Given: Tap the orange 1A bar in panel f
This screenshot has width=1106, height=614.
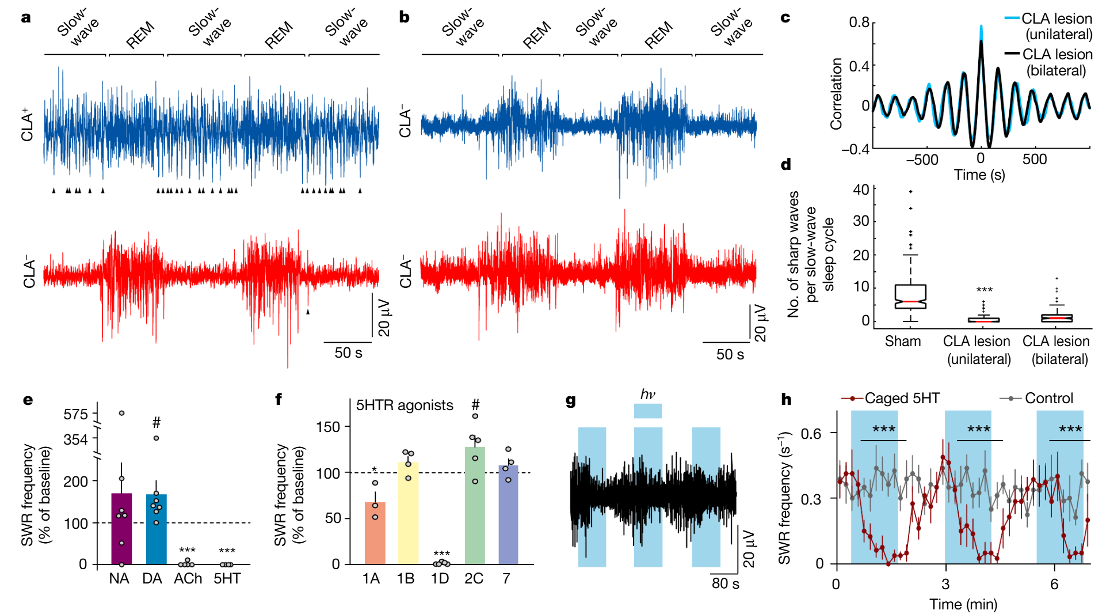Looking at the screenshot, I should [x=375, y=533].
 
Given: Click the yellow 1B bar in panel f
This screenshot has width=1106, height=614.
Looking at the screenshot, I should [x=408, y=513].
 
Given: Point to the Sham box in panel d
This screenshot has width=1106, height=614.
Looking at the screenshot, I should [x=910, y=296].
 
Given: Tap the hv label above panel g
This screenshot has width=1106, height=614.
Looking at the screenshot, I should [x=647, y=395].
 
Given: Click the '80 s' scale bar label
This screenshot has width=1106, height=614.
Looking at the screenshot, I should [x=725, y=583].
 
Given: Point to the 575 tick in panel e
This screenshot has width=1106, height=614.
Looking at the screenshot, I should [x=76, y=415].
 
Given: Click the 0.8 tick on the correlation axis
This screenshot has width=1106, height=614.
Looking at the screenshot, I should [x=859, y=22].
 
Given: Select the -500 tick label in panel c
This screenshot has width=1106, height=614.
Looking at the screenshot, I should [x=922, y=160].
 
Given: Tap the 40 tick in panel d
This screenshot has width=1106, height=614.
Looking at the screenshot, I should [x=861, y=189].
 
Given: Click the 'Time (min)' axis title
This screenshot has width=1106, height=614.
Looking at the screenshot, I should [x=963, y=604].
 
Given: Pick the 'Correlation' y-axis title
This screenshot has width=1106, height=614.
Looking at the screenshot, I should [x=836, y=93].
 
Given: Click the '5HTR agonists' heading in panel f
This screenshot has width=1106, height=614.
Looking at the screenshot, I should [x=405, y=405].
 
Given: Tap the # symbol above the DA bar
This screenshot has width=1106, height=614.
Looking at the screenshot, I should [x=156, y=423].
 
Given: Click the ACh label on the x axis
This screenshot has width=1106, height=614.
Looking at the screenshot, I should [x=188, y=578].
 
